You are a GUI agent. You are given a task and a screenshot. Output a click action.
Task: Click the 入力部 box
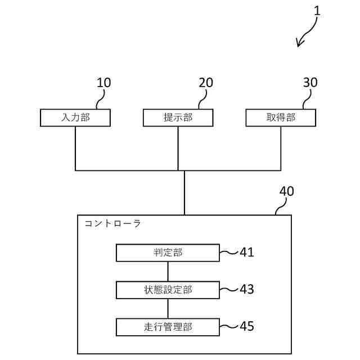[75, 118]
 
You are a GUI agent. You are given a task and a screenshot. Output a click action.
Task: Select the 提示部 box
[178, 118]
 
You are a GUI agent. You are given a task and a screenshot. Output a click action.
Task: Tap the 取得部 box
[281, 118]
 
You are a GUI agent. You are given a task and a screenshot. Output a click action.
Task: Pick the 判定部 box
[168, 253]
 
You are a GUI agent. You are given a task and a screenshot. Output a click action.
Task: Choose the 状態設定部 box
[168, 290]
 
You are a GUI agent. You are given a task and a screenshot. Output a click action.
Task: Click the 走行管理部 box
[168, 326]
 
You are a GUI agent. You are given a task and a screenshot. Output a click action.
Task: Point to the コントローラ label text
[112, 223]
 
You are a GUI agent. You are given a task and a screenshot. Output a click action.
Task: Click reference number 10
[104, 83]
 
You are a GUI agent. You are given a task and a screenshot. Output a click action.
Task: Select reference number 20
[206, 83]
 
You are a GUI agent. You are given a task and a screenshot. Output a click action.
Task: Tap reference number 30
[310, 83]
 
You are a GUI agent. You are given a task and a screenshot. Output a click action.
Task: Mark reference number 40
[286, 191]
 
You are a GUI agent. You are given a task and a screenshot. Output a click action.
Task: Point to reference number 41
[246, 253]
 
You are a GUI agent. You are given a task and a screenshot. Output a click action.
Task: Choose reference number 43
[246, 290]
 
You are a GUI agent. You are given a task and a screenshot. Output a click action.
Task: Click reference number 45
[246, 326]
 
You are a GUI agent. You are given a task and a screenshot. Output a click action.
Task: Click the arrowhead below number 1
[300, 42]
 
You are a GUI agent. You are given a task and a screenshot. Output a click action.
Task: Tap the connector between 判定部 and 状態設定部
[168, 271]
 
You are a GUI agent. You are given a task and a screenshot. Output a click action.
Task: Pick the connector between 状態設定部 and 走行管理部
[168, 308]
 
